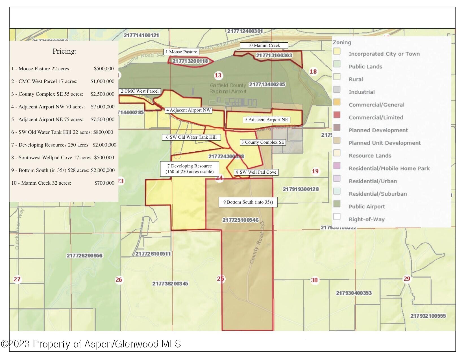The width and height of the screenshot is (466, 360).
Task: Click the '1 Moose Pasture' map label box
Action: [x=181, y=52]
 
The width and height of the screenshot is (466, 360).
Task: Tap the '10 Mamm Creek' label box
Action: [x=264, y=45]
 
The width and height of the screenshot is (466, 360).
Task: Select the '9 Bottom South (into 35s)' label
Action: [x=248, y=202]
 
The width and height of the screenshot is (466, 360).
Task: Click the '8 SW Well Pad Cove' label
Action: [x=256, y=172]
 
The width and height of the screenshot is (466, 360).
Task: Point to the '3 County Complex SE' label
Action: [x=263, y=142]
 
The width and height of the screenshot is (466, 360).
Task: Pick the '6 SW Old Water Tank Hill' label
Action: [x=191, y=137]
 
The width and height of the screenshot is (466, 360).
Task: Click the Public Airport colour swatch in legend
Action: [x=337, y=204]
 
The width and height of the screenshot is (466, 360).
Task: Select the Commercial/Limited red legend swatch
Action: [x=337, y=115]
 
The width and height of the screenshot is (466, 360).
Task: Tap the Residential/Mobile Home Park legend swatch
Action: [x=337, y=166]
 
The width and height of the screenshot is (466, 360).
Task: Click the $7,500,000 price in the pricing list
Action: [x=103, y=119]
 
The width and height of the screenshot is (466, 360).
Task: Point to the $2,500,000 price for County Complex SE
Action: [x=103, y=94]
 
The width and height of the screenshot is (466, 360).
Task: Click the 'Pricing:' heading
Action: [x=64, y=51]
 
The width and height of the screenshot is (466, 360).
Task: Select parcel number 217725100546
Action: [x=240, y=220]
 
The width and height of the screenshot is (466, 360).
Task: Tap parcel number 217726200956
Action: [x=84, y=256]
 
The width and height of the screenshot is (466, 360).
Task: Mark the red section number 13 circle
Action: [x=218, y=75]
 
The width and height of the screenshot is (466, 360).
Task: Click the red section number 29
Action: [x=407, y=279]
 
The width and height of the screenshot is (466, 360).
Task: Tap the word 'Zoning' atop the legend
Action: [x=342, y=43]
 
